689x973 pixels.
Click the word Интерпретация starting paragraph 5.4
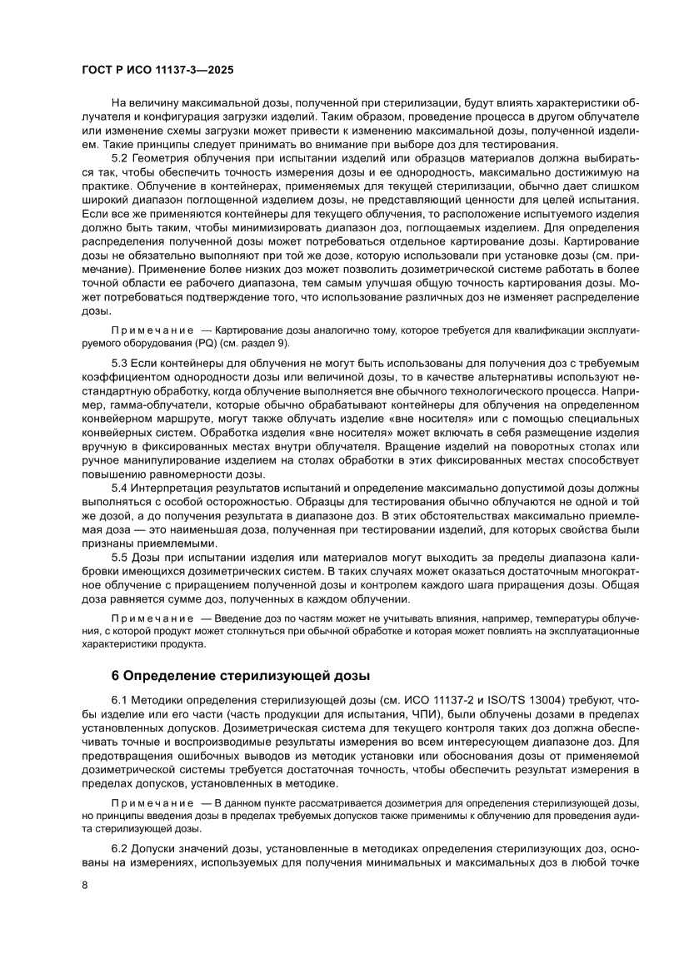(181, 488)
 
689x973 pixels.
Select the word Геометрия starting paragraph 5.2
(165, 157)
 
